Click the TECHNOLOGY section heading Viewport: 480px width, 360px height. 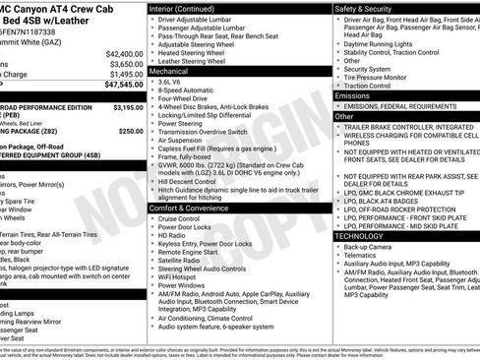tap(360, 235)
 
